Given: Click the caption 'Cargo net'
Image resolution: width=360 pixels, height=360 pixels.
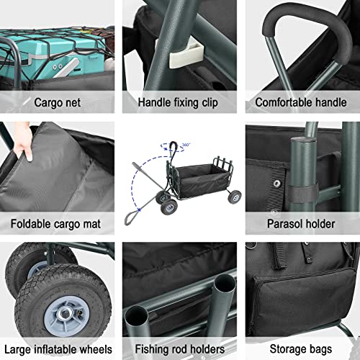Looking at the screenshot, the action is (58, 102).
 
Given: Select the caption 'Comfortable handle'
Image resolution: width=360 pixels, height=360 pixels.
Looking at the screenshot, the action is (301, 102).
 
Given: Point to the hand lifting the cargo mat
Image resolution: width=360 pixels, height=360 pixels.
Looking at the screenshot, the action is (23, 142).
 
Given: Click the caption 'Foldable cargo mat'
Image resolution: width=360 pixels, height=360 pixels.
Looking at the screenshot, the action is (55, 224).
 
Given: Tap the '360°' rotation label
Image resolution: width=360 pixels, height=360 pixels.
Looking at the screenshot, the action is (186, 145).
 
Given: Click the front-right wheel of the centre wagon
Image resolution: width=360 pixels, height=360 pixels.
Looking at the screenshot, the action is (235, 197).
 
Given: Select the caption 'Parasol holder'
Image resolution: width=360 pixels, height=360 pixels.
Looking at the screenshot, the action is (301, 224).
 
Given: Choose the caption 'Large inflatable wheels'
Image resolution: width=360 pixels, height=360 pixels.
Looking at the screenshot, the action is (58, 349).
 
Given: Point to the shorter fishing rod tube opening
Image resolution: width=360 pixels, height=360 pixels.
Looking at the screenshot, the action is (136, 315).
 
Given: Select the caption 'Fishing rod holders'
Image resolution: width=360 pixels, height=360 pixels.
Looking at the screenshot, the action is (180, 349).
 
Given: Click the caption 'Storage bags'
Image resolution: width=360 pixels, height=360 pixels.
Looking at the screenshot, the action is (301, 349).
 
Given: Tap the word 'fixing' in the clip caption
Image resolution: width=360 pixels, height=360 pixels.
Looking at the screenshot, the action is (186, 103).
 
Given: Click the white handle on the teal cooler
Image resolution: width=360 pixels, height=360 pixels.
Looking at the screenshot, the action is (67, 68).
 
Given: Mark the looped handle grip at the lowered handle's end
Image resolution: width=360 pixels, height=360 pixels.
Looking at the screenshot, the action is (130, 217).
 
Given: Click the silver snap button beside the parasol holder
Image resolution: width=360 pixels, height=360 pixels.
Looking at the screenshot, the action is (276, 184).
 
